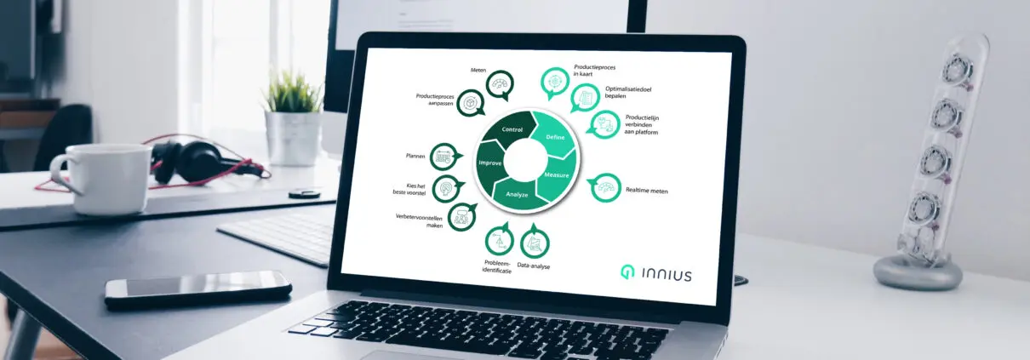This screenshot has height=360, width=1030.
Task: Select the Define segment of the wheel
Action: click(x=554, y=134)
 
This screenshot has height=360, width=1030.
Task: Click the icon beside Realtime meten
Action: click(x=604, y=187)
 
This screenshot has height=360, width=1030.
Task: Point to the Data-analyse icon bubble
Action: click(x=535, y=242)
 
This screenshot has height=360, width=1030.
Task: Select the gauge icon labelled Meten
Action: click(x=500, y=84)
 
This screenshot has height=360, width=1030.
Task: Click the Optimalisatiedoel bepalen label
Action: click(x=628, y=93)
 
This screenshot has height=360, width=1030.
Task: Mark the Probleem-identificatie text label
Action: click(x=497, y=266)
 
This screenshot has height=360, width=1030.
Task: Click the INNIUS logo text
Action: click(x=667, y=275)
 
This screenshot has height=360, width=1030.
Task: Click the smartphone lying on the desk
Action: click(x=198, y=289)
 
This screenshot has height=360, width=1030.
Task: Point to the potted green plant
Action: click(x=293, y=117)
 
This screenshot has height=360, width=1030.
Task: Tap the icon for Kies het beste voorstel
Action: click(x=447, y=188)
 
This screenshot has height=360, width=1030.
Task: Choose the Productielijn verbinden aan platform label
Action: click(x=642, y=124)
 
